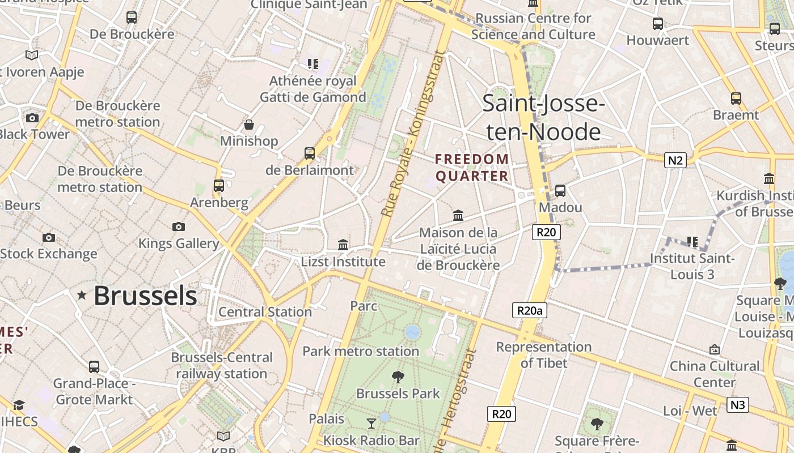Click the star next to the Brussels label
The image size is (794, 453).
(82, 295)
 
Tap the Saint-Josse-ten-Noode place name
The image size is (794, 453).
(543, 118)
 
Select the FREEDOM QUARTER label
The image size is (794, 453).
(472, 168)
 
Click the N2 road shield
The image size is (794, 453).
(675, 160)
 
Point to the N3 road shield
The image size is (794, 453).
(737, 405)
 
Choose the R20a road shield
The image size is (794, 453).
(529, 310)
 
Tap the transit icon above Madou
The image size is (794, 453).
(560, 190)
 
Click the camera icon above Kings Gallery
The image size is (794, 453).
(179, 226)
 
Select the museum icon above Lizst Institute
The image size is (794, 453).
(343, 245)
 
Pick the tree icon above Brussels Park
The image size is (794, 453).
(398, 376)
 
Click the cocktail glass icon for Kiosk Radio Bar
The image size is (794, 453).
(371, 423)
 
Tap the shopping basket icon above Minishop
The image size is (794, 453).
(248, 125)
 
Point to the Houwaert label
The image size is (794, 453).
(657, 40)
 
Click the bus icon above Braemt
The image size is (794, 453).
(736, 99)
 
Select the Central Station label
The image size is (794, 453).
(265, 312)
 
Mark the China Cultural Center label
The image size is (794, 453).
(714, 374)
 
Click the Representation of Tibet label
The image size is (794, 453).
(543, 355)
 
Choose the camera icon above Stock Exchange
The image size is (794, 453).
(49, 237)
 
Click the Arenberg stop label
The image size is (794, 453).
(219, 203)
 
